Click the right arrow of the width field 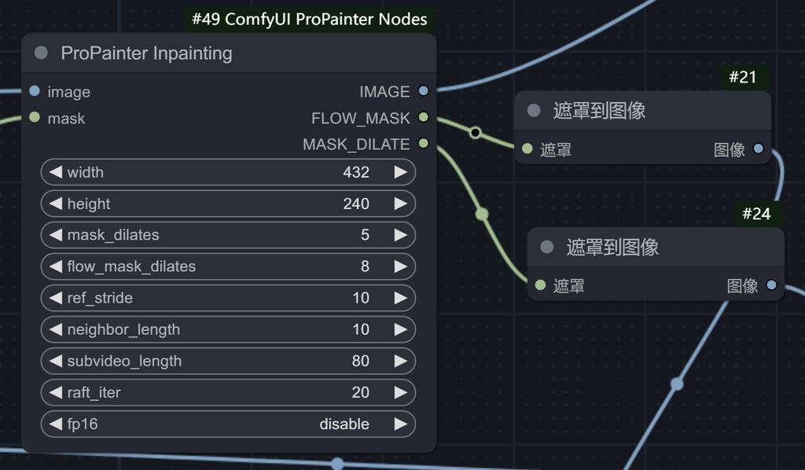click(400, 172)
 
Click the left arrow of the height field click(55, 204)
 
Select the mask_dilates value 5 click(365, 235)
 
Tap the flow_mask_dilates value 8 click(365, 266)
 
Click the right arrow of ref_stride click(400, 298)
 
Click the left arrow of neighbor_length click(55, 329)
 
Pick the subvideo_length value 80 click(360, 361)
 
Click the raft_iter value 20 click(360, 392)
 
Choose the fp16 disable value click(344, 424)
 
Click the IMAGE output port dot click(424, 91)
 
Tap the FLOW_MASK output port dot click(424, 118)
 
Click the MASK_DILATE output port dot click(424, 144)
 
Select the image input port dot click(35, 91)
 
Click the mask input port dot click(35, 118)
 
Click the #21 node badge click(742, 77)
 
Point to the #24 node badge click(756, 214)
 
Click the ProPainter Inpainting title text click(146, 53)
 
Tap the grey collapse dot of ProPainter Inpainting click(42, 53)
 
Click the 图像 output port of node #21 click(759, 149)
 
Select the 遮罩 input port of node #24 click(540, 285)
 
